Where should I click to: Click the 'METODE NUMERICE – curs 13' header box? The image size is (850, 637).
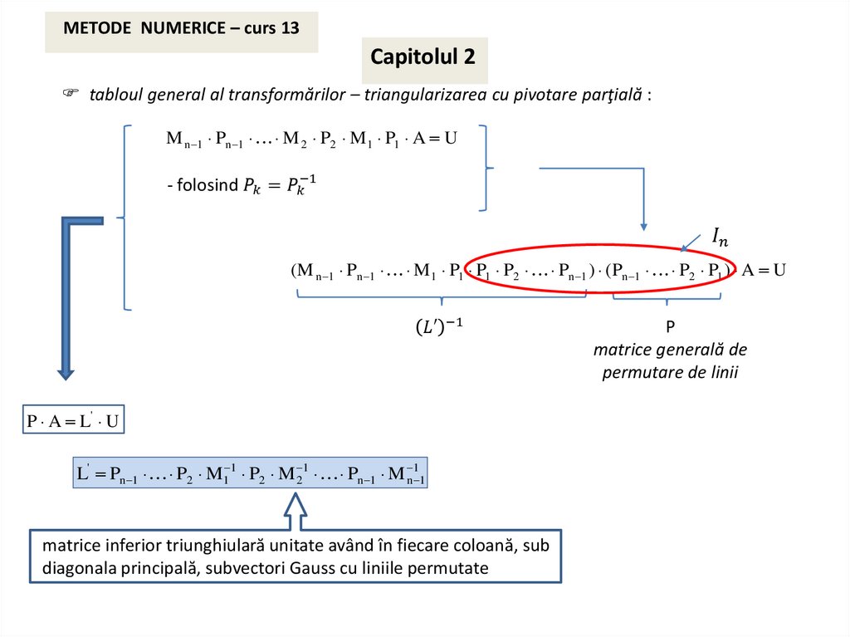pos(181,28)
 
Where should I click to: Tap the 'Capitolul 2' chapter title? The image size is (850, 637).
pos(423,57)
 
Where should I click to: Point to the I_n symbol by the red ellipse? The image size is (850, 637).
pos(720,236)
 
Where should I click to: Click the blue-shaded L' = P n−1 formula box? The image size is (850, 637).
pos(250,473)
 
